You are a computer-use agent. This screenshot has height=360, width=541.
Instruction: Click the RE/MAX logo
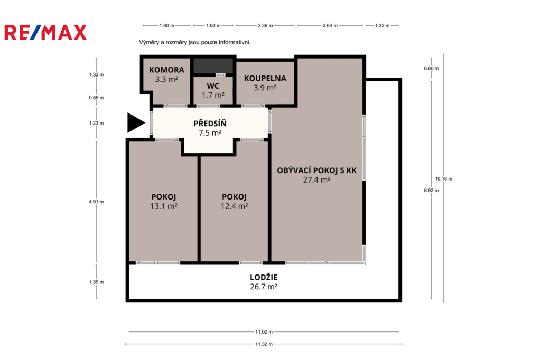[x=45, y=32]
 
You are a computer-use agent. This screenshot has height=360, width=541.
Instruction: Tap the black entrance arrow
[x=136, y=123]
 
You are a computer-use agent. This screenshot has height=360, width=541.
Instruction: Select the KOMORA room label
[x=166, y=70]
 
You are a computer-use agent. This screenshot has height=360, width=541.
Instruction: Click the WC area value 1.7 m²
[x=213, y=95]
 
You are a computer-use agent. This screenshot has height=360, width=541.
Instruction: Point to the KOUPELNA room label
[x=265, y=78]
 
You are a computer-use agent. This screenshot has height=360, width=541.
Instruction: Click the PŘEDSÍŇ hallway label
[x=210, y=123]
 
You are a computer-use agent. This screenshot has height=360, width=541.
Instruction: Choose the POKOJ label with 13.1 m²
[x=164, y=197]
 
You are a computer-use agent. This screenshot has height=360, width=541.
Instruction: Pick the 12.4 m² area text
[x=234, y=206]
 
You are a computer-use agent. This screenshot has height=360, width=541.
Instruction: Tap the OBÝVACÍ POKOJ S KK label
[x=317, y=170]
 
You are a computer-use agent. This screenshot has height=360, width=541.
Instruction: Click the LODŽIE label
[x=264, y=277]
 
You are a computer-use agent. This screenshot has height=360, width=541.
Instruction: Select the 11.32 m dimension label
[x=264, y=344]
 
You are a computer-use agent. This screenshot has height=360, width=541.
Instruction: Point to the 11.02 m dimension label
[x=264, y=331]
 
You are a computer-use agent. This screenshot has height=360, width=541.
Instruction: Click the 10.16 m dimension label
[x=444, y=178]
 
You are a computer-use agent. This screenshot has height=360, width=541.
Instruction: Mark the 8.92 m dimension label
[x=431, y=191]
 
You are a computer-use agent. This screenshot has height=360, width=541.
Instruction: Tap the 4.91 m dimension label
[x=96, y=202]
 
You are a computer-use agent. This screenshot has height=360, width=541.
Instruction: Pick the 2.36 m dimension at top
[x=265, y=25]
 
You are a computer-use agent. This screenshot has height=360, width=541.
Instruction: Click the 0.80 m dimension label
[x=431, y=68]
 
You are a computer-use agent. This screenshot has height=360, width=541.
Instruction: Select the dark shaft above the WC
[x=213, y=65]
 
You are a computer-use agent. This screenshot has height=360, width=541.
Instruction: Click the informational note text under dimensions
[x=195, y=42]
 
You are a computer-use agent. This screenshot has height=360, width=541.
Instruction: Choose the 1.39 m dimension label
[x=96, y=282]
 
